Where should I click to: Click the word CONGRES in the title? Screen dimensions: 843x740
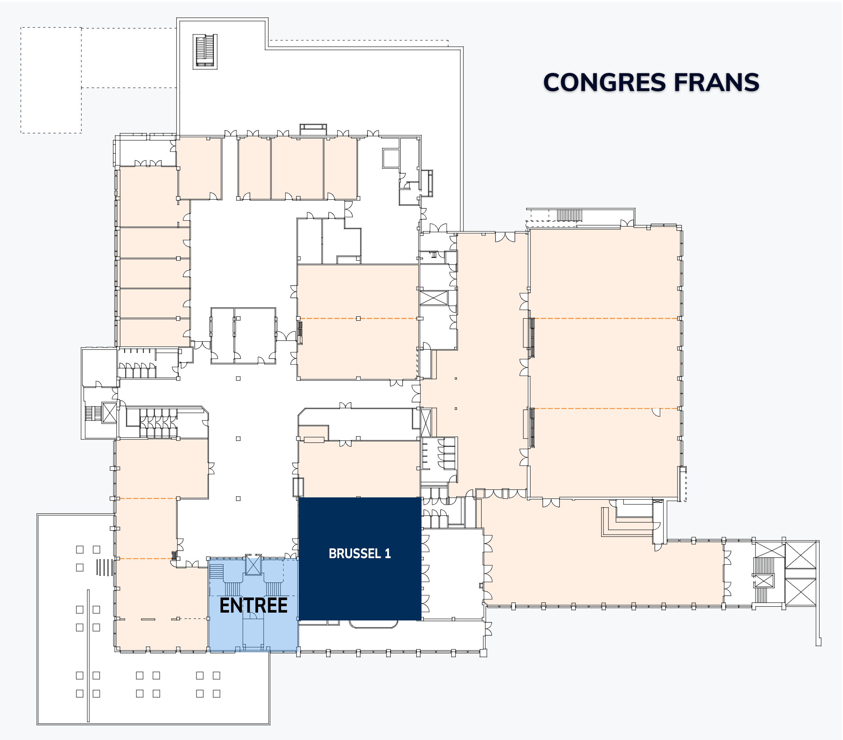(x=604, y=82)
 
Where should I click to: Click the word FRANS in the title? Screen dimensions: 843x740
(x=716, y=82)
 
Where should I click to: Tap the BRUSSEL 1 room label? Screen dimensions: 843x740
(x=360, y=553)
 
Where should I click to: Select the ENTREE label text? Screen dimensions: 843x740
(x=253, y=606)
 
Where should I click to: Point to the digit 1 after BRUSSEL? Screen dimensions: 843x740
(x=388, y=553)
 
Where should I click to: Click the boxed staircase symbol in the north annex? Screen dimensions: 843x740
(x=205, y=51)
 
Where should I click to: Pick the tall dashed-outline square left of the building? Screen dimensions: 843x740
(x=51, y=80)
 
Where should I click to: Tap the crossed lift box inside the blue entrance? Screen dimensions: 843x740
(x=253, y=565)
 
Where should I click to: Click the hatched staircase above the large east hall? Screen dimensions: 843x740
(x=570, y=215)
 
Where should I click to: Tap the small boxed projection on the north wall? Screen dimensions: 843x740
(x=313, y=129)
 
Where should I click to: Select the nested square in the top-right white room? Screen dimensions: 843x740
(x=391, y=158)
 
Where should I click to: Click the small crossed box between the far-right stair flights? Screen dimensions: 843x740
(x=764, y=581)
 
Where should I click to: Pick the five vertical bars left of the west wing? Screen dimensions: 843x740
(x=104, y=567)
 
